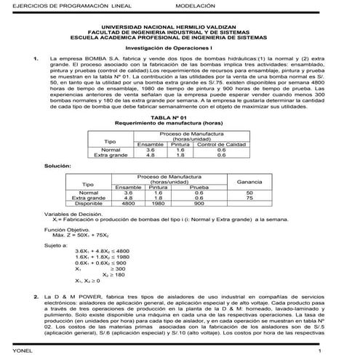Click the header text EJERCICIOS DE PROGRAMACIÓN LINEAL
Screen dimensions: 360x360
click(54, 5)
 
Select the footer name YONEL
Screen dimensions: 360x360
click(12, 352)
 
